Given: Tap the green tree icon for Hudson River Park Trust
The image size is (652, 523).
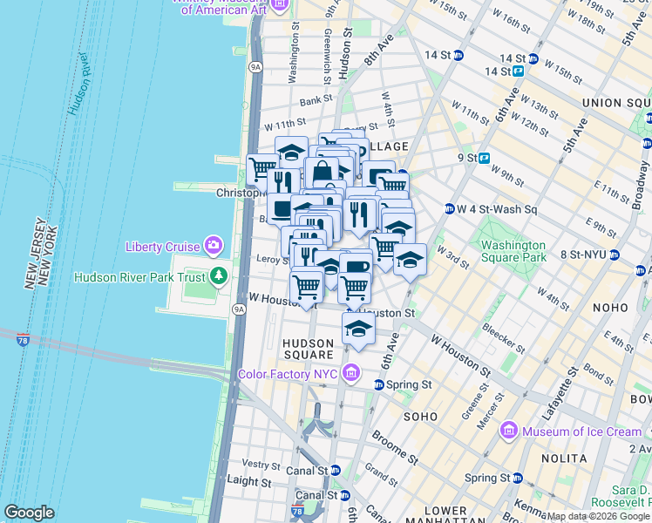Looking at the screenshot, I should click(218, 278).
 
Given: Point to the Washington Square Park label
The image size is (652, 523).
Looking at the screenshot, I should click(514, 251).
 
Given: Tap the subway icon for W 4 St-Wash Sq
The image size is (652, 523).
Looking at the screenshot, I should click(449, 209).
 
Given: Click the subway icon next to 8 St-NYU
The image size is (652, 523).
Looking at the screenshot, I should click(615, 255).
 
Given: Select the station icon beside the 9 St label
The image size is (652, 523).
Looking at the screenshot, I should click(483, 158).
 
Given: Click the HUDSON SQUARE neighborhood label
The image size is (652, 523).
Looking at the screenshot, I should click(308, 349).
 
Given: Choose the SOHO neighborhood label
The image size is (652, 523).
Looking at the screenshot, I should click(423, 418).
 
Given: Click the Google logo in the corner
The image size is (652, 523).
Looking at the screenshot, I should click(29, 513).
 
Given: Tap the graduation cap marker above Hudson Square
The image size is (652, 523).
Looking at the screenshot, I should click(358, 329).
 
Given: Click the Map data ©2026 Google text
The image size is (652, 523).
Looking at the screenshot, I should click(598, 516).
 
